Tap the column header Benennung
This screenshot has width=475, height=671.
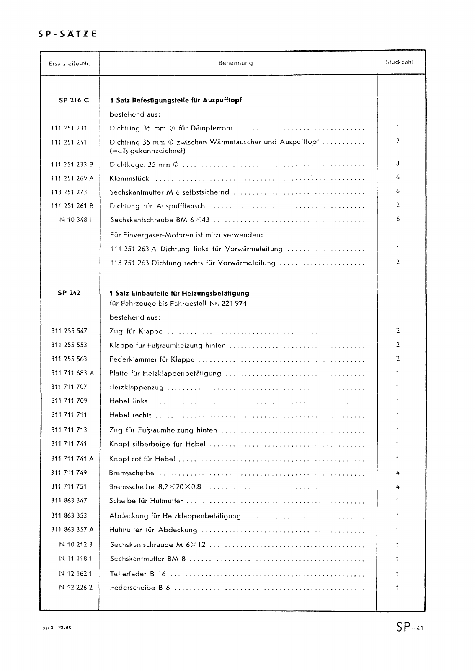pos(235,63)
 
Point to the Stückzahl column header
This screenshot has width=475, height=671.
pos(399,62)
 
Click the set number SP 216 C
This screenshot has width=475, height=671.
pos(74,100)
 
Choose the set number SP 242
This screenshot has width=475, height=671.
pos(69,293)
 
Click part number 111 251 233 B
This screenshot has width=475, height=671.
pos(72,164)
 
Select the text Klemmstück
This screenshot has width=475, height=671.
pos(129,179)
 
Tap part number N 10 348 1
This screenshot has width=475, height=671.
pos(76,220)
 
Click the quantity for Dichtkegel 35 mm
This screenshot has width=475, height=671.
pos(398,164)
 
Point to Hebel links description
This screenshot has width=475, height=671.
pos(128,401)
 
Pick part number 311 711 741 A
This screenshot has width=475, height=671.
pos(72,459)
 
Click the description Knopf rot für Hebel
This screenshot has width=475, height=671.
pos(142,459)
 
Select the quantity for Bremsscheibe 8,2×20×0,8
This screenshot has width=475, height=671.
pos(398,487)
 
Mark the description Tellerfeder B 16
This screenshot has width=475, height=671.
pos(138,574)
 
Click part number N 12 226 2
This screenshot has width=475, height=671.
pos(76,588)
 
